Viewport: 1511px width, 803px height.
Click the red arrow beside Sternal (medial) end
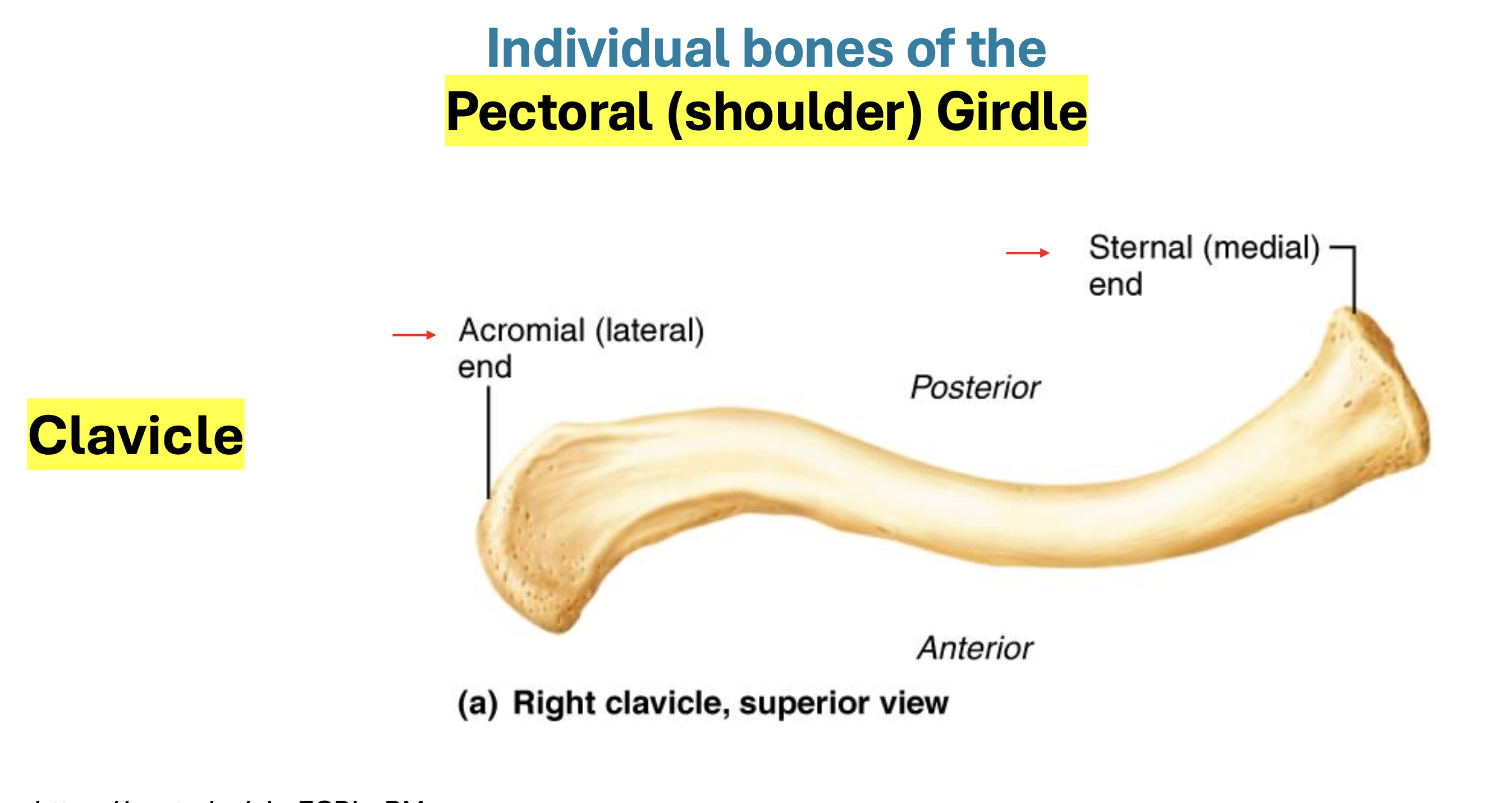click(x=1027, y=253)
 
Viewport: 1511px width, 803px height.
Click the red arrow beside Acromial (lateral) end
click(x=414, y=335)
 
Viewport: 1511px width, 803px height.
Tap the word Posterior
click(x=975, y=387)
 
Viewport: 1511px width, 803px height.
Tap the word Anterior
click(x=975, y=648)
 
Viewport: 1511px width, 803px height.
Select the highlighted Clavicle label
click(x=135, y=435)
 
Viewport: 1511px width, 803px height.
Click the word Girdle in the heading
click(x=1011, y=112)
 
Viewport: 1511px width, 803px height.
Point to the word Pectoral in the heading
click(x=549, y=112)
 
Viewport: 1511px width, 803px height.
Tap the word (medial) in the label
click(x=1261, y=247)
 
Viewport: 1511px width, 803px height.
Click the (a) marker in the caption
click(x=478, y=703)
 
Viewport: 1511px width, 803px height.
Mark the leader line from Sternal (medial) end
click(x=1354, y=278)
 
